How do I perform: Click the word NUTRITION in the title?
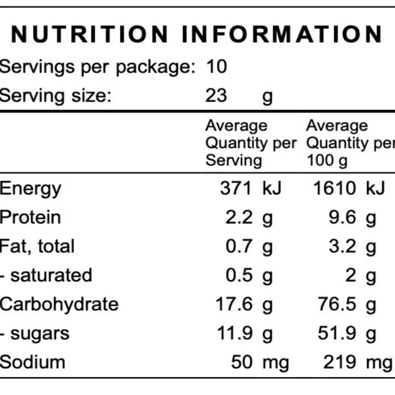(x=90, y=34)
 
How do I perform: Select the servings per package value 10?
(x=216, y=68)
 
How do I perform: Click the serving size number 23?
(x=216, y=96)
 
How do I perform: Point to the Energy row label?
(x=31, y=189)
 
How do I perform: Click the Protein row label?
(x=31, y=218)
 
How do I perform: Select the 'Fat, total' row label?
(x=37, y=246)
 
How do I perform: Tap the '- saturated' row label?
(x=46, y=275)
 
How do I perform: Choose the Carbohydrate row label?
(x=59, y=304)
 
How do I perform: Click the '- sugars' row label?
(x=35, y=333)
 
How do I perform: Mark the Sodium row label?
(x=32, y=362)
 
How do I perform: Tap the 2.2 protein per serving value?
(x=239, y=218)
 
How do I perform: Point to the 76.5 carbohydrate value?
(x=338, y=304)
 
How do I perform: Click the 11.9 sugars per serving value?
(x=236, y=333)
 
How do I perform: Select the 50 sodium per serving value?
(x=242, y=362)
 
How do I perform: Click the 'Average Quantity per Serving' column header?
(x=251, y=143)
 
